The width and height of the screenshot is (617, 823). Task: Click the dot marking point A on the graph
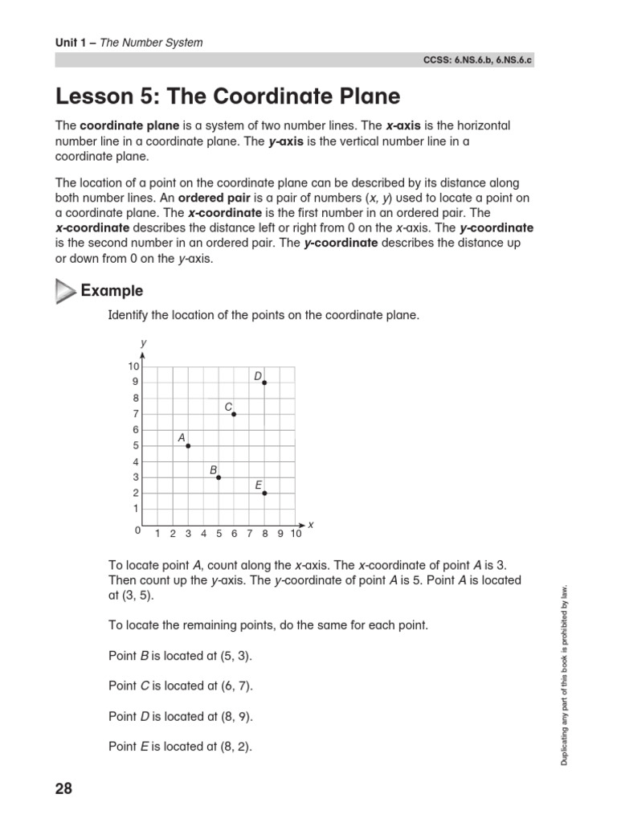[x=188, y=445]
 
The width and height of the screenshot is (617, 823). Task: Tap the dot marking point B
[x=219, y=477]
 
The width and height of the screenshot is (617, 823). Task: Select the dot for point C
[x=234, y=414]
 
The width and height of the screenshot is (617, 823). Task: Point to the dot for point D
[x=264, y=383]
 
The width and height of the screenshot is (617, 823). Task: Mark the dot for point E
[x=264, y=493]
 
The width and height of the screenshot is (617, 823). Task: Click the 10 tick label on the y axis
[x=133, y=366]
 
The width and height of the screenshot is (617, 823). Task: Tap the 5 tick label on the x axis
[x=219, y=534]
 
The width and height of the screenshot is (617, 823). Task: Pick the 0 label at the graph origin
[x=137, y=531]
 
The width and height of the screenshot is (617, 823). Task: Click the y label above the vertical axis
[x=143, y=343]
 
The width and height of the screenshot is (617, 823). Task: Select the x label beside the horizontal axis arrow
[x=310, y=525]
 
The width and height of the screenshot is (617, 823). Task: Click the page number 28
[x=64, y=789]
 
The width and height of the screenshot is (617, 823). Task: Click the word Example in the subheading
[x=112, y=291]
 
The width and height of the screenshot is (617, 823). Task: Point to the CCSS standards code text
[x=488, y=60]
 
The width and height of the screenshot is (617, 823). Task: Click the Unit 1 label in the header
[x=71, y=42]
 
